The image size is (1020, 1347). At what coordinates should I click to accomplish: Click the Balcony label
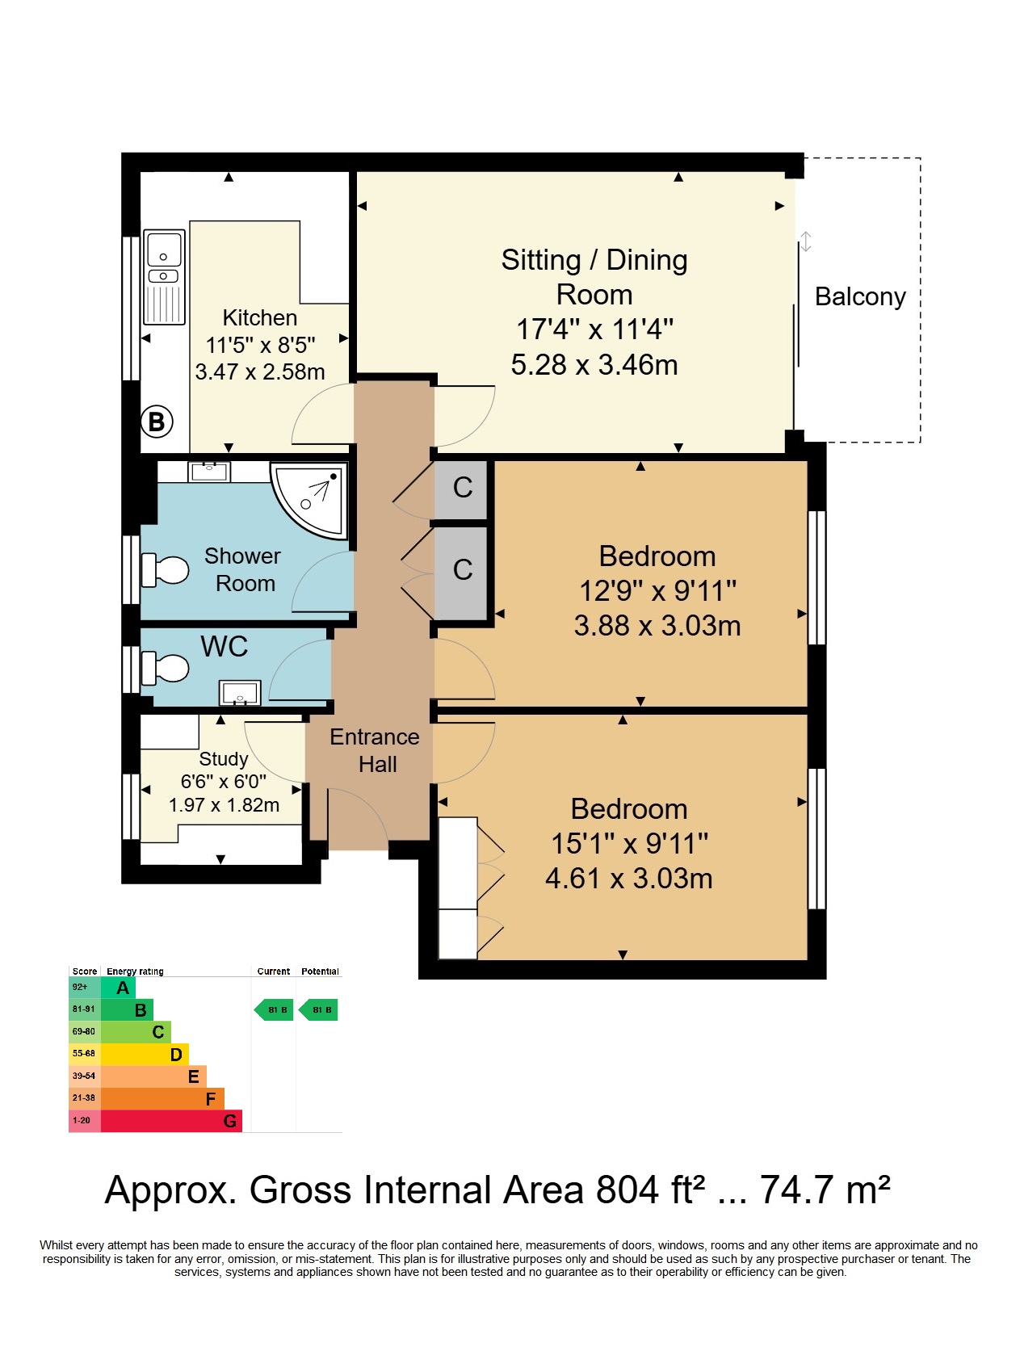coord(860,297)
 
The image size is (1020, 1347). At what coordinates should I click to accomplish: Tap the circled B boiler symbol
coord(157,422)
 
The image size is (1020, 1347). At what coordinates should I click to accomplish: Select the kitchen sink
coord(164,277)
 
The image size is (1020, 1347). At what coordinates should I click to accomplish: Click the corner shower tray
coord(309,500)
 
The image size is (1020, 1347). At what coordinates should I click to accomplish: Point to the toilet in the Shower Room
coord(165,570)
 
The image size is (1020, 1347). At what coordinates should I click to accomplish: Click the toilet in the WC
coord(165,669)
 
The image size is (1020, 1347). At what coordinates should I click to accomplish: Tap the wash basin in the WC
coord(240,693)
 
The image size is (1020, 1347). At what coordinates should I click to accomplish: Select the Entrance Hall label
coord(375,750)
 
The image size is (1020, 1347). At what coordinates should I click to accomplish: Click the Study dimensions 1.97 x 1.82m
coord(224,804)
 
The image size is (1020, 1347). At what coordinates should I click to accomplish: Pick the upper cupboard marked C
coord(462,489)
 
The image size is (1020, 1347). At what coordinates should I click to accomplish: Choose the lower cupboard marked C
coord(462,571)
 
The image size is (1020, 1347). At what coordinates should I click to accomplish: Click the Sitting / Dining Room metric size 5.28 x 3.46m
coord(594,364)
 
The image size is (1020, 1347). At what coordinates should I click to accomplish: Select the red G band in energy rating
coord(171,1121)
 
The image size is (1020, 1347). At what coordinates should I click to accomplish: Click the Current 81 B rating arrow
coord(274,1009)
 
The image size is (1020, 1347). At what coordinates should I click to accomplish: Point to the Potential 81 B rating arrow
coord(318,1009)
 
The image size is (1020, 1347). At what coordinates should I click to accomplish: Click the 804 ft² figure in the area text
coord(650,1190)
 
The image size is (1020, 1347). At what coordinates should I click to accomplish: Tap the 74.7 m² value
coord(825,1190)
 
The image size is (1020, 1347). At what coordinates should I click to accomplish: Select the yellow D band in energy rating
coord(145,1055)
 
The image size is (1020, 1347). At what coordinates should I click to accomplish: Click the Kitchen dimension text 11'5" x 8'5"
coord(260,345)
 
